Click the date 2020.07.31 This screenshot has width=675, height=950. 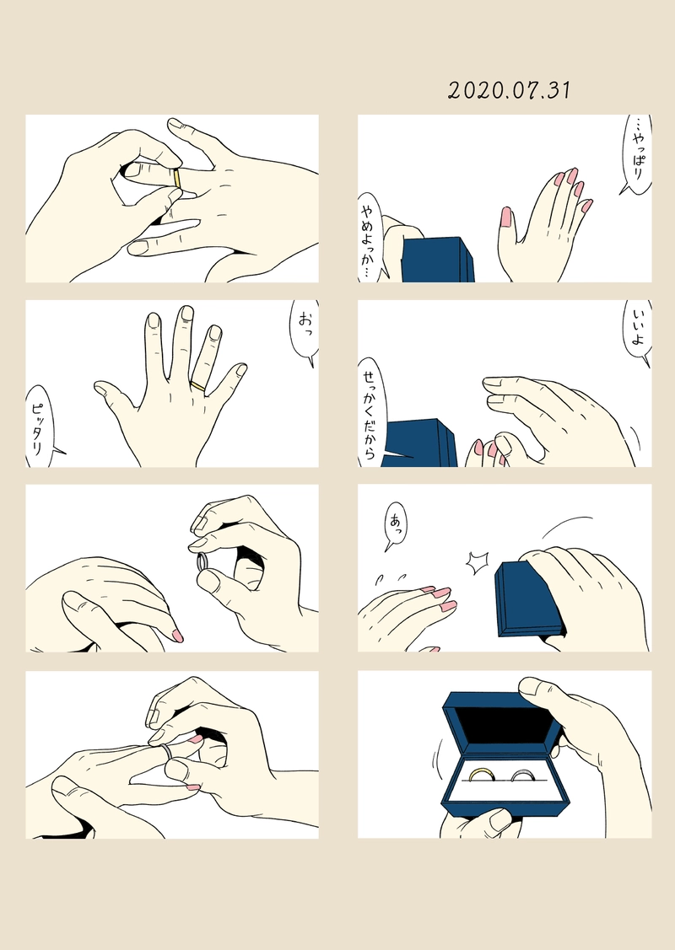coord(509,90)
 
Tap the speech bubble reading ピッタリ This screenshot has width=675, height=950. coord(41,427)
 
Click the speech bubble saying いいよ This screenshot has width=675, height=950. coord(638,332)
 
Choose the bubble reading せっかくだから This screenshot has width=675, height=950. coord(370,412)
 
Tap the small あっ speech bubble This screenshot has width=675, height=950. coord(396,524)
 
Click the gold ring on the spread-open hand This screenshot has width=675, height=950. coord(198,385)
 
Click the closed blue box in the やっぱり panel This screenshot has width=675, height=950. coord(438,260)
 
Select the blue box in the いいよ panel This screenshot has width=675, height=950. coord(420,443)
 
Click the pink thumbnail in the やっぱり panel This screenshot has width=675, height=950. coord(505,217)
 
